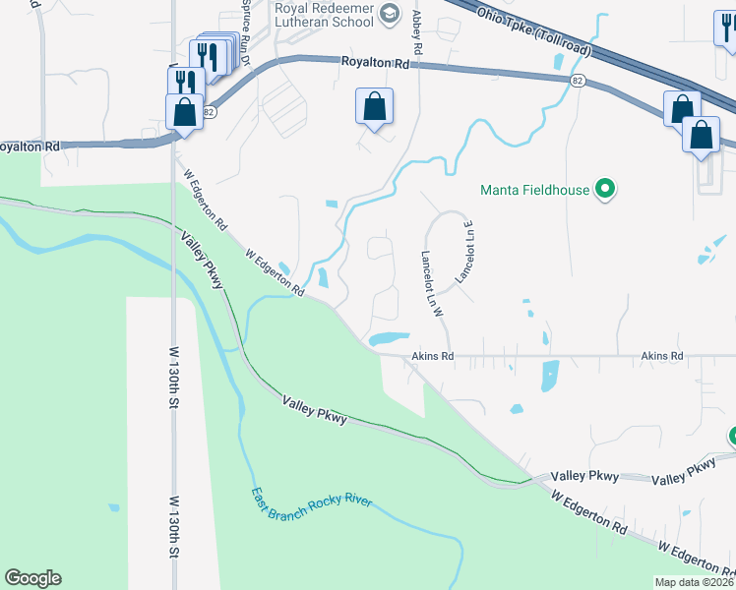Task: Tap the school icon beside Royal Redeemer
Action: point(390,13)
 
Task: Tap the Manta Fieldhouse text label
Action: point(534,190)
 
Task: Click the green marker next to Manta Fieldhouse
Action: point(606,190)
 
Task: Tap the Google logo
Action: point(32,578)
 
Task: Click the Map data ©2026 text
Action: point(695,582)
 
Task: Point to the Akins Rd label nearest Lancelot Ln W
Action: point(432,356)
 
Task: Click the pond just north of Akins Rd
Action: point(388,338)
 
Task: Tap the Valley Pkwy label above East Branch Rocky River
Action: point(314,409)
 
